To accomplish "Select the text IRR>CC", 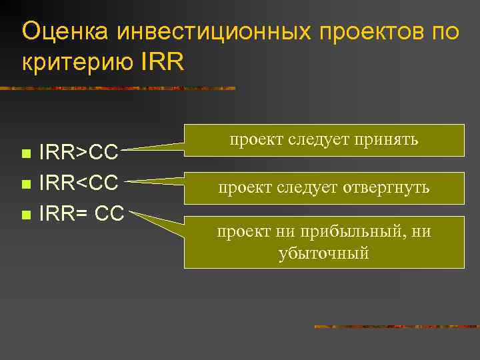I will (79, 153).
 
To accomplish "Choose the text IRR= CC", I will (81, 215).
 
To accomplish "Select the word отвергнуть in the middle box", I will (387, 189).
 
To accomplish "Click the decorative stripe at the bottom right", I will (396, 327).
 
